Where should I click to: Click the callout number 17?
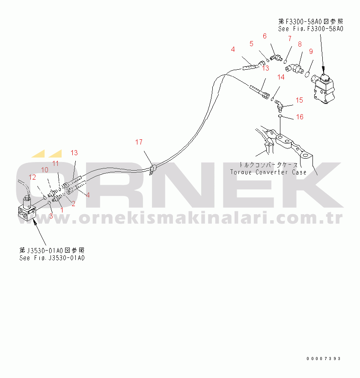(139, 142)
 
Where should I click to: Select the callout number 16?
(300, 117)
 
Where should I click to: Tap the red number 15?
(299, 100)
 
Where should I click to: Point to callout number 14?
(281, 77)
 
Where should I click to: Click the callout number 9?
(311, 51)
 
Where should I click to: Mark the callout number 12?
(33, 177)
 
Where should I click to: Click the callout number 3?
(51, 216)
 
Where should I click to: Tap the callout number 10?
(45, 170)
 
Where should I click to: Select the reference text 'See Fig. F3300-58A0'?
(311, 29)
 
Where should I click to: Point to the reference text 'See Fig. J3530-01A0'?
(52, 258)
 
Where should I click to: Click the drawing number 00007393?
(323, 358)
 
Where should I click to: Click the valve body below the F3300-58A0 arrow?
(325, 90)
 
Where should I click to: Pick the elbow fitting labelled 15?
(278, 103)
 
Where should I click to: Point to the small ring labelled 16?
(280, 116)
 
